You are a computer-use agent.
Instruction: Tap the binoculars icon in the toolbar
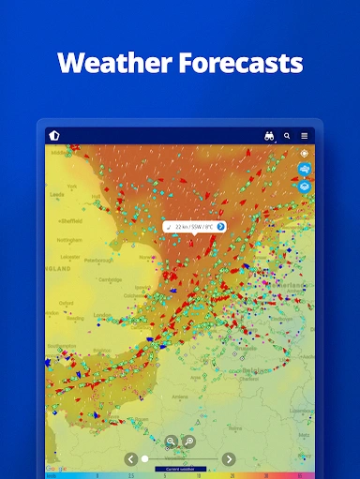click(x=270, y=136)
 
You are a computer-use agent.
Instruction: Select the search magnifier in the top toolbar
click(x=287, y=136)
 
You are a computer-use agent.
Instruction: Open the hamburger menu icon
click(x=304, y=136)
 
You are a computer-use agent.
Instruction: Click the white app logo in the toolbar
click(x=54, y=135)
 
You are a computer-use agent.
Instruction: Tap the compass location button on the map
click(x=305, y=153)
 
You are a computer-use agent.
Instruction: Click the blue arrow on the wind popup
click(x=220, y=226)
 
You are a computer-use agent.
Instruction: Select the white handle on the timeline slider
click(x=144, y=458)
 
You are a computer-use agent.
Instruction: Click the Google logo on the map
click(x=56, y=467)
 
